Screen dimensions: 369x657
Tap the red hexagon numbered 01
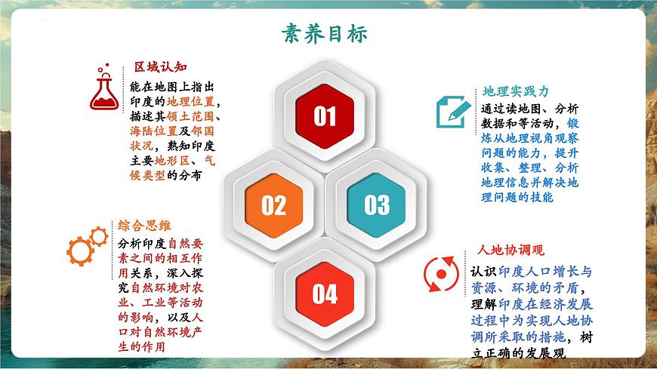pyautogui.click(x=325, y=116)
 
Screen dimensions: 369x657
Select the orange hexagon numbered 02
pyautogui.click(x=273, y=204)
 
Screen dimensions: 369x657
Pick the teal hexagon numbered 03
pyautogui.click(x=376, y=204)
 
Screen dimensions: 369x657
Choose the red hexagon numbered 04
pyautogui.click(x=325, y=293)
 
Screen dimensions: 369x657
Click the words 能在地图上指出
pyautogui.click(x=171, y=85)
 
